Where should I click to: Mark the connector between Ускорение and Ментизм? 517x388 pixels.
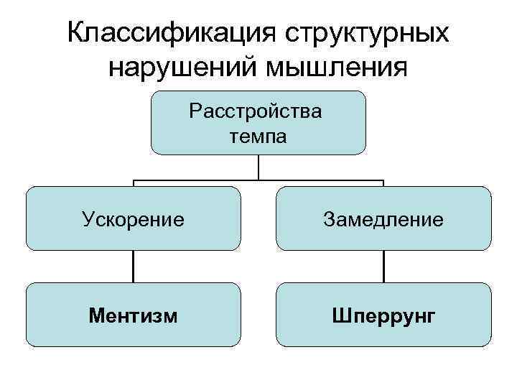(133, 266)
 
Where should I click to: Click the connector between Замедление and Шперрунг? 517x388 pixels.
(383, 266)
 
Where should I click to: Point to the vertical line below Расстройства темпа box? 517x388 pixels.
(258, 167)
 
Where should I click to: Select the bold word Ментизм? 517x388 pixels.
(133, 315)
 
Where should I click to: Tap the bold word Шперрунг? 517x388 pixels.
(383, 315)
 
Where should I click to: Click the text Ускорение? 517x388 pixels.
(133, 218)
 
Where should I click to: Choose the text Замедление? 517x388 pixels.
(383, 218)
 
